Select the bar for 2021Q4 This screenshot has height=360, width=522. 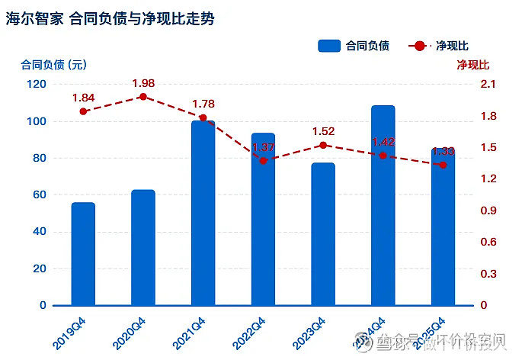click(x=203, y=213)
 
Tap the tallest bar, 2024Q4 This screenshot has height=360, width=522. click(x=383, y=205)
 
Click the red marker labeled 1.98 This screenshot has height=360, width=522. click(x=143, y=97)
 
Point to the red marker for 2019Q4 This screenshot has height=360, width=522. click(x=83, y=111)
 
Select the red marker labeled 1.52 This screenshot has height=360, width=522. click(x=323, y=145)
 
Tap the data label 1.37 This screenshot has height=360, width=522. click(x=264, y=146)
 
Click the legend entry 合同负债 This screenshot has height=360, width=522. click(x=354, y=46)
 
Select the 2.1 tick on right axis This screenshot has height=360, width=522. click(x=488, y=84)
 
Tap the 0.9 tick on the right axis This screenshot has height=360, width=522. click(x=488, y=211)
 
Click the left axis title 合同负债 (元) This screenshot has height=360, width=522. click(x=53, y=64)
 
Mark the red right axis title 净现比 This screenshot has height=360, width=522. click(x=472, y=64)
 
